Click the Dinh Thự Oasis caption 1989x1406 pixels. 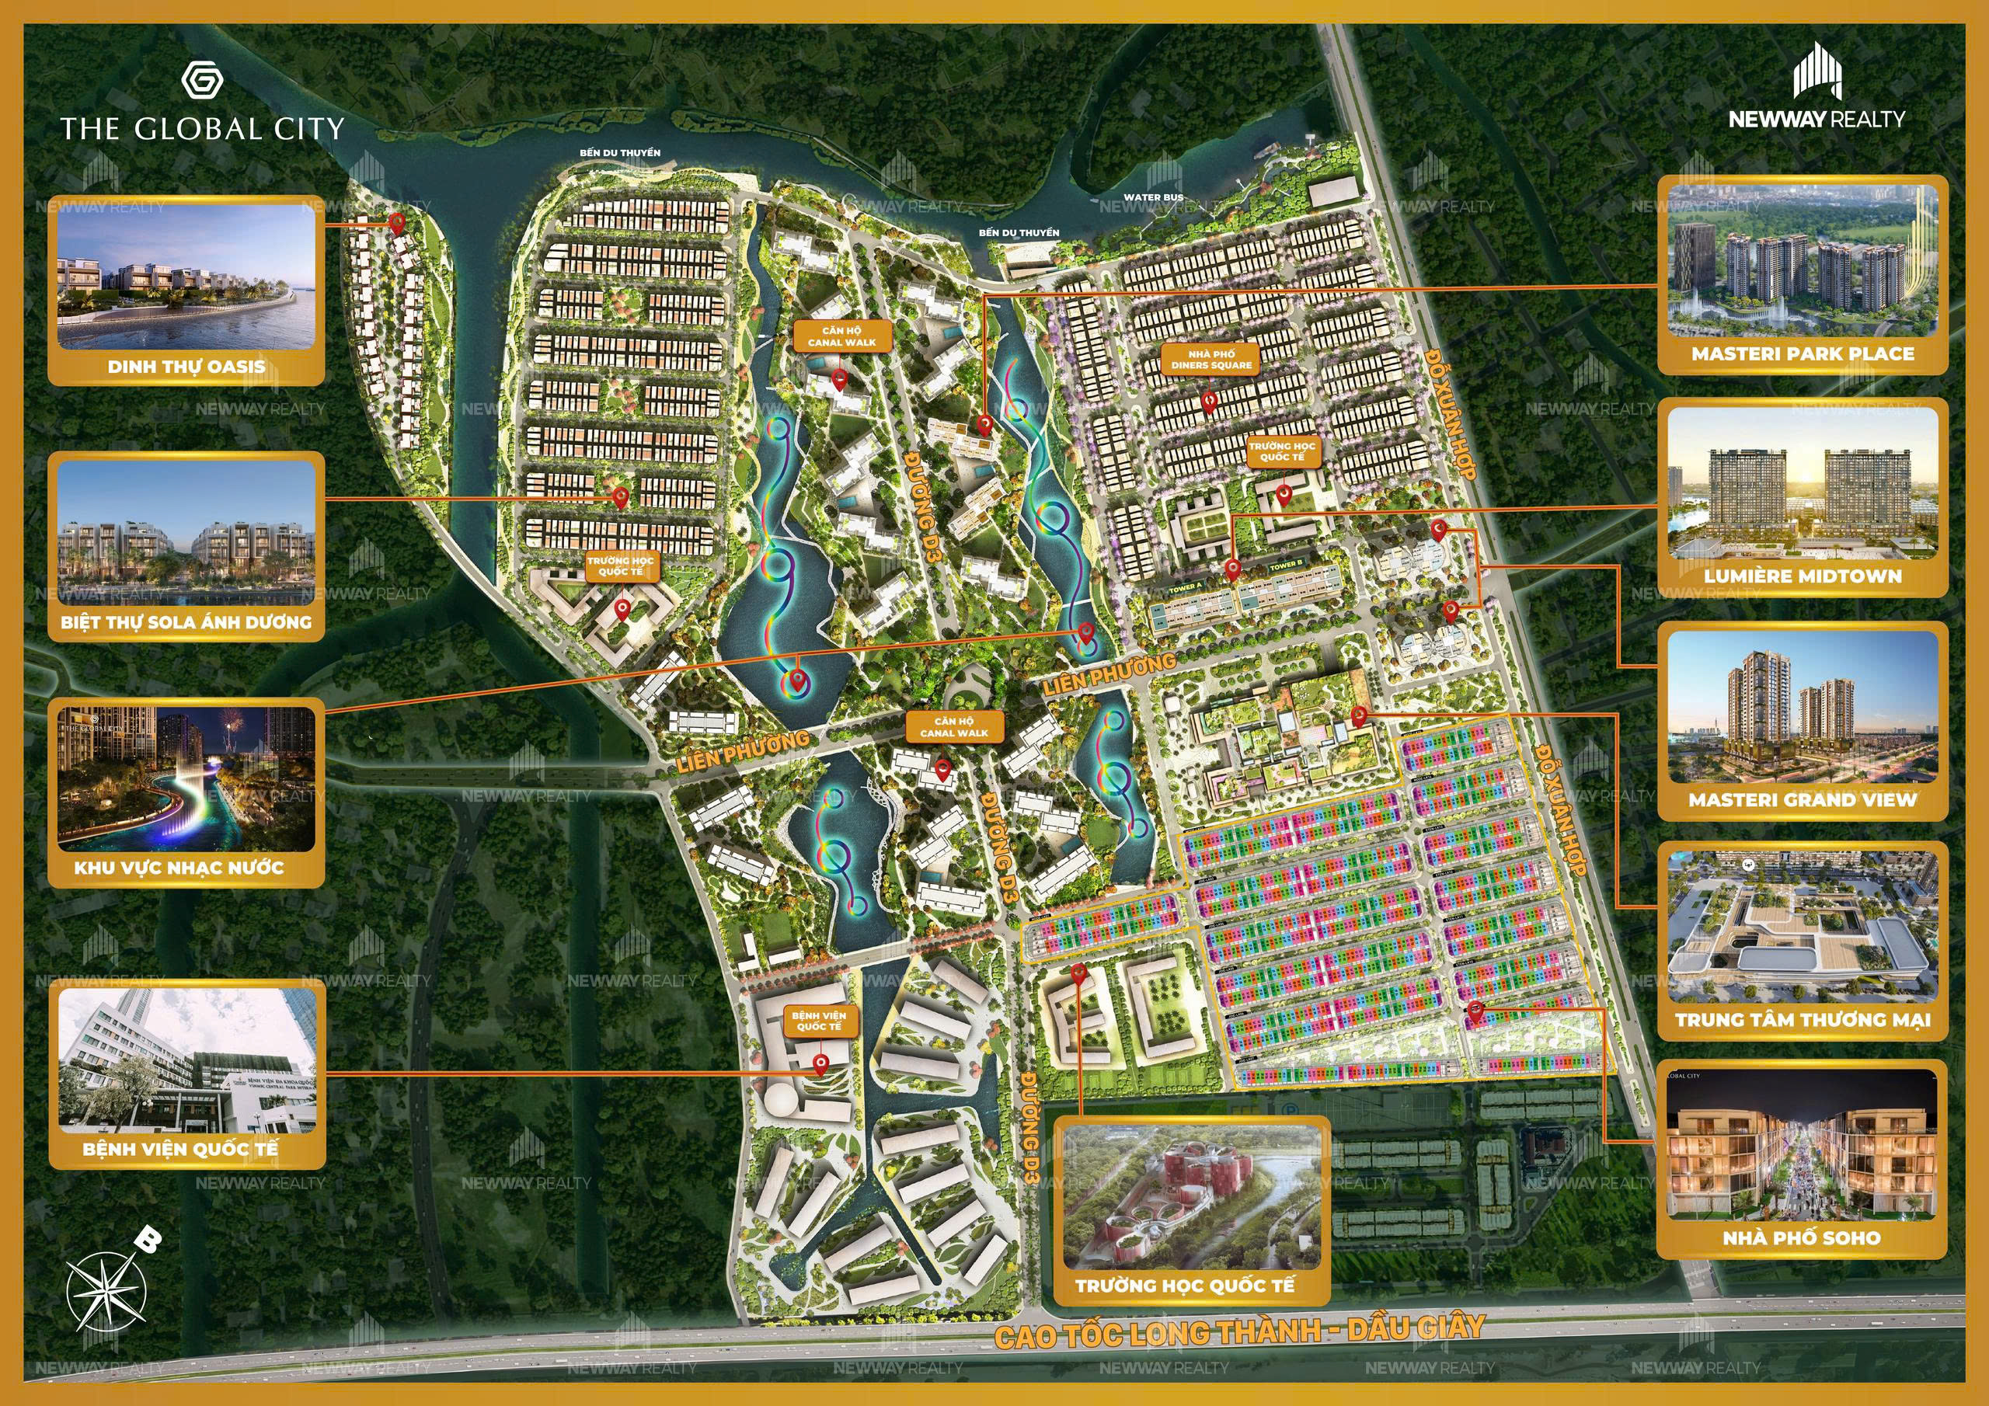click(x=186, y=367)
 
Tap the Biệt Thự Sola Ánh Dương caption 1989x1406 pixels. click(x=186, y=622)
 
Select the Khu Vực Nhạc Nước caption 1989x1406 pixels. click(x=179, y=867)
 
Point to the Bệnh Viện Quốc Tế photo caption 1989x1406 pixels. click(x=180, y=1149)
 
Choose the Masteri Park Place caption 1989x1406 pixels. click(x=1803, y=353)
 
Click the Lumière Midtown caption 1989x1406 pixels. click(x=1803, y=576)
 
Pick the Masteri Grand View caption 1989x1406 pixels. click(x=1803, y=800)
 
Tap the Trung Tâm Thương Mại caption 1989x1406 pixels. click(x=1803, y=1020)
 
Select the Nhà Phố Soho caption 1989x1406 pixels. click(x=1802, y=1238)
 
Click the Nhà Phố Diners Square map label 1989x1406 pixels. click(x=1212, y=360)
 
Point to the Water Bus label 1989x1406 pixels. click(x=1153, y=197)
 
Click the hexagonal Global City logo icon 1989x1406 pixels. click(x=203, y=82)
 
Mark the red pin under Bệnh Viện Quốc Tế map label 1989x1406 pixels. click(x=820, y=1065)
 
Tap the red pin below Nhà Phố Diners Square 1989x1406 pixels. click(x=1208, y=401)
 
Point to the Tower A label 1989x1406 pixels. click(x=1186, y=587)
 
